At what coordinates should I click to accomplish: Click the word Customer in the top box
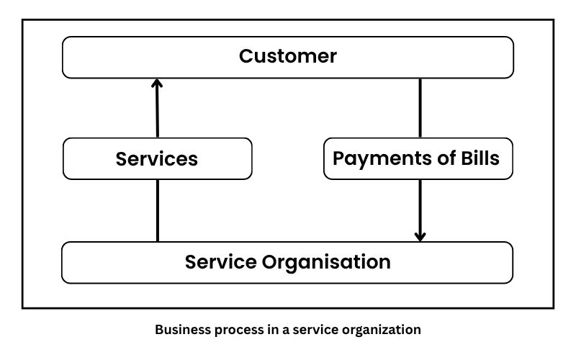pyautogui.click(x=288, y=56)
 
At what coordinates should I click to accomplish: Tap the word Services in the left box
pyautogui.click(x=157, y=158)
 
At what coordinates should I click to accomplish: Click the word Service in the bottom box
pyautogui.click(x=218, y=262)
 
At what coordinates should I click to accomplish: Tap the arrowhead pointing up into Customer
pyautogui.click(x=157, y=84)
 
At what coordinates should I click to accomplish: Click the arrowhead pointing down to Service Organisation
pyautogui.click(x=420, y=235)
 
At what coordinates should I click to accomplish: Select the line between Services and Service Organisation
pyautogui.click(x=157, y=210)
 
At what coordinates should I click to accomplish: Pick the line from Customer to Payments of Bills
pyautogui.click(x=420, y=108)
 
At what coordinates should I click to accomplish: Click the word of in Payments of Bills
pyautogui.click(x=441, y=158)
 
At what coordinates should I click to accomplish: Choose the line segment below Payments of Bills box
pyautogui.click(x=420, y=205)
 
